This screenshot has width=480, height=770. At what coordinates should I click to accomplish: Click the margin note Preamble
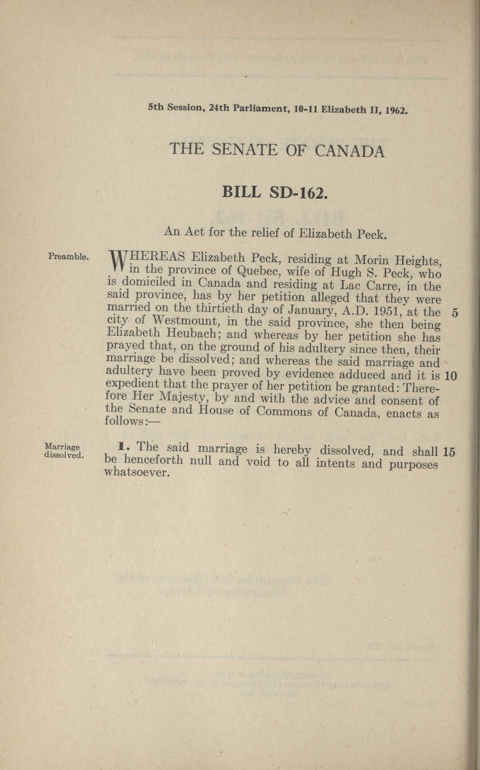pos(68,256)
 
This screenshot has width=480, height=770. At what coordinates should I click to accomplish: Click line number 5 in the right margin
pos(455,313)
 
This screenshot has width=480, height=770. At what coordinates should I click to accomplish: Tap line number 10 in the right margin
pos(451,376)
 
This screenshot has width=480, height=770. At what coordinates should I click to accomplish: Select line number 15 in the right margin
pos(449,452)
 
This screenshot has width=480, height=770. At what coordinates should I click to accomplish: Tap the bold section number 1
pos(121,447)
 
